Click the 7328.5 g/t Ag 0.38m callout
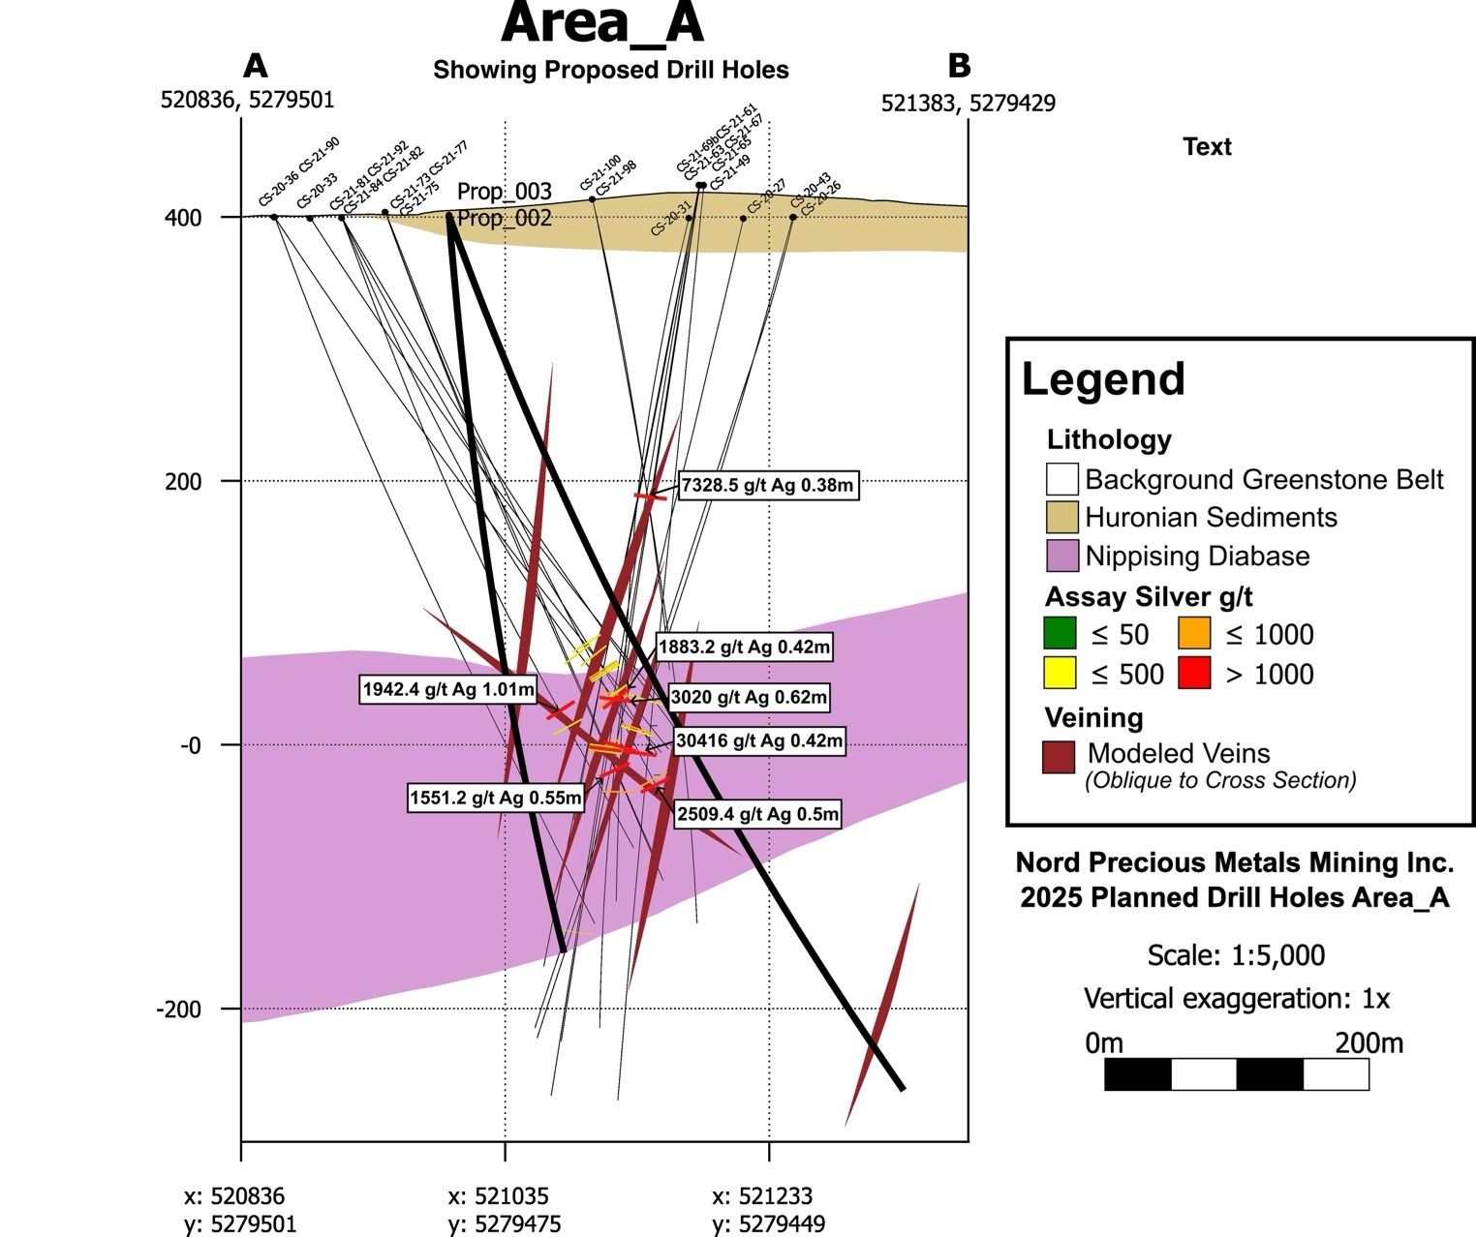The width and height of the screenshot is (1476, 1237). tap(768, 485)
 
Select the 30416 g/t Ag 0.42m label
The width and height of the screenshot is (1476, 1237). tap(759, 741)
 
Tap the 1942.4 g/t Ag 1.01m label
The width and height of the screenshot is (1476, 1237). tap(448, 690)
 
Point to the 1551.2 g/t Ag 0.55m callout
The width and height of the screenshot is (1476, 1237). tap(496, 799)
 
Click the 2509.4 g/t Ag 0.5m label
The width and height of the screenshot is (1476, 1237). tap(757, 814)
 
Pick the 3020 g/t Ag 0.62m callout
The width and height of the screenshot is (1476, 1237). tap(749, 697)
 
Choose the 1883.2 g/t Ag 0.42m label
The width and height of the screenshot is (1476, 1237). tap(744, 647)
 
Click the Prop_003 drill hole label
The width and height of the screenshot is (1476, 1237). tap(504, 192)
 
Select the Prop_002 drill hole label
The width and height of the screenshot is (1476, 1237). tap(504, 219)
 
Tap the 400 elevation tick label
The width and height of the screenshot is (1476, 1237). tap(183, 218)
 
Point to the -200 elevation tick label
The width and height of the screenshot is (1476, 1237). tap(179, 1010)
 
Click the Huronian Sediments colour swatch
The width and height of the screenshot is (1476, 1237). tap(1061, 518)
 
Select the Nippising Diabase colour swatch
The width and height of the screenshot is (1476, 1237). tap(1061, 557)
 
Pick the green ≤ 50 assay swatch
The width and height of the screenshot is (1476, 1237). tap(1060, 634)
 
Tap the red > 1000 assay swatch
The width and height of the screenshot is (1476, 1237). tap(1194, 674)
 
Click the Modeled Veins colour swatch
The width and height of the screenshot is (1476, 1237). tap(1059, 757)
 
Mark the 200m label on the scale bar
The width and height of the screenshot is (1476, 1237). tap(1368, 1043)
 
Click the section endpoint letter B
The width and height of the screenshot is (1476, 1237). tap(959, 66)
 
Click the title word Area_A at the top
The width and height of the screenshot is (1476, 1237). tap(601, 23)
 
